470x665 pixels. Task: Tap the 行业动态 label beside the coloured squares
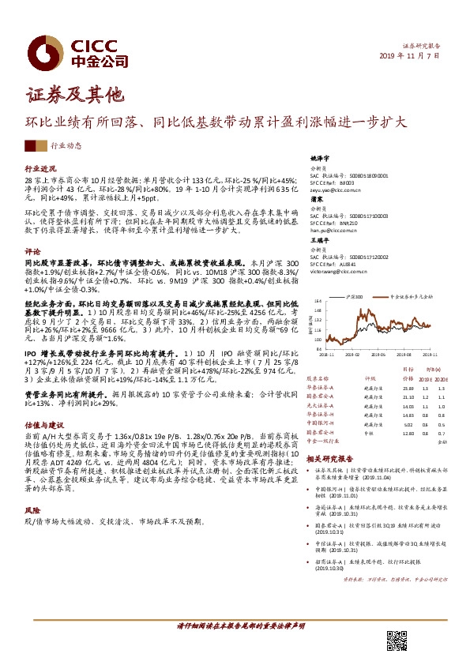click(66, 146)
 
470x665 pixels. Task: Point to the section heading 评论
click(32, 250)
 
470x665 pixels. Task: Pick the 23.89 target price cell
click(408, 389)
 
